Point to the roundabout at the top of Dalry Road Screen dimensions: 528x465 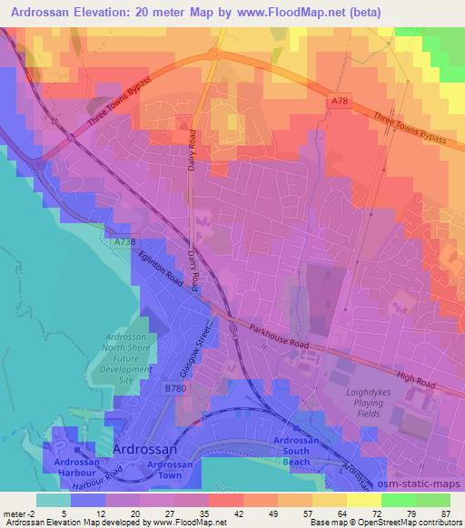pos(213,52)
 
